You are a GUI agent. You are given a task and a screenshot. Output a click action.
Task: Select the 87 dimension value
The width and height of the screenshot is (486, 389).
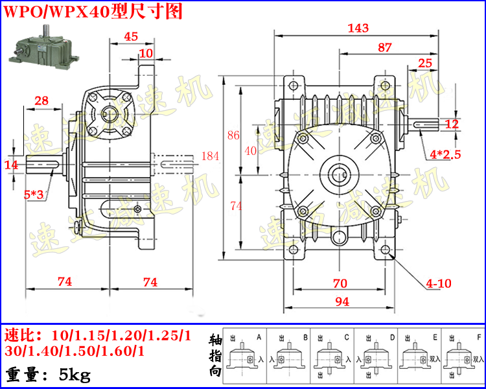(x=384, y=47)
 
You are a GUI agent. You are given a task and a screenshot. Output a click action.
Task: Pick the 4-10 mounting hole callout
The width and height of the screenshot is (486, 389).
(x=439, y=283)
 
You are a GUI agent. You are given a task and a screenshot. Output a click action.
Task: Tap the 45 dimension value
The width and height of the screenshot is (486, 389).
(x=130, y=37)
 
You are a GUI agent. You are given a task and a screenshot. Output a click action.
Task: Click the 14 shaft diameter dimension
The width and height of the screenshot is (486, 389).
(x=11, y=165)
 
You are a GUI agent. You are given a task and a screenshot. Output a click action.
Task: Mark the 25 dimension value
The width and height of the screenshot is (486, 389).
(x=425, y=63)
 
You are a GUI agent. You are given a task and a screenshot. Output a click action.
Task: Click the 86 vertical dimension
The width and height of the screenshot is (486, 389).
(x=233, y=136)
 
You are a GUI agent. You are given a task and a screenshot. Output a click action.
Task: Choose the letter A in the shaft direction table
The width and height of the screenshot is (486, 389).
(x=259, y=337)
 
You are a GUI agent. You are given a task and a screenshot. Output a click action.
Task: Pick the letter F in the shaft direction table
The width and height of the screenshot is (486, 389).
(x=478, y=337)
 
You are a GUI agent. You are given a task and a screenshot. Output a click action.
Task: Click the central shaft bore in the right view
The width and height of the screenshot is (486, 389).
(x=340, y=174)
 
